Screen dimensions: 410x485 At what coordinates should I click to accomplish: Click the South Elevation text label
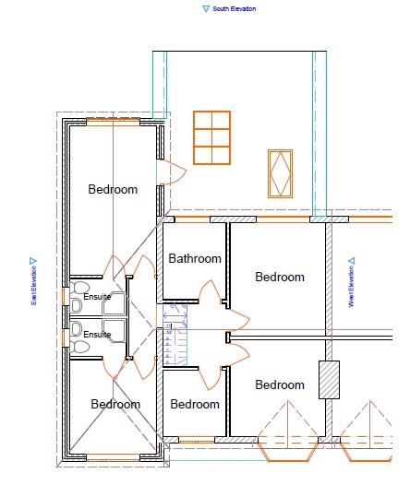point(235,9)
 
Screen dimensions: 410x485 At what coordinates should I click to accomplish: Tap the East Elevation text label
point(34,286)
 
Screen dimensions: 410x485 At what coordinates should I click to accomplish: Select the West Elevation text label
point(351,287)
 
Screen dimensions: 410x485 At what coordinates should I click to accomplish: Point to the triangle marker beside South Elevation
point(206,8)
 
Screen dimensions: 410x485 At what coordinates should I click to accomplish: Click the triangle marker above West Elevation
point(352,261)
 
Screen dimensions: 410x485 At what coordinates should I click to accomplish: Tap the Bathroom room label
point(195,258)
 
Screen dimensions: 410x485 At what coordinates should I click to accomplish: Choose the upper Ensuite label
point(97,297)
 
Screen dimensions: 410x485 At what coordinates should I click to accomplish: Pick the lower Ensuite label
point(97,335)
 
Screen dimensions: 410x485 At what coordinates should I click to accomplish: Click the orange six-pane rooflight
point(211,137)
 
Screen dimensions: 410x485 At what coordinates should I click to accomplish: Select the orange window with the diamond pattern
point(280,173)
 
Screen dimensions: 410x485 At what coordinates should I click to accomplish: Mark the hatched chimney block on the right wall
point(329,380)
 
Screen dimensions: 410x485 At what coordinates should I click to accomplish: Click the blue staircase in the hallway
point(175,335)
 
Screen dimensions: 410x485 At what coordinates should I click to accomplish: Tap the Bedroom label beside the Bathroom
point(280,277)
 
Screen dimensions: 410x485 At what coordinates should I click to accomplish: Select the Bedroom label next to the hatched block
point(280,384)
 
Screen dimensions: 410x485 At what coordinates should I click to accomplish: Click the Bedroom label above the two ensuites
point(113,189)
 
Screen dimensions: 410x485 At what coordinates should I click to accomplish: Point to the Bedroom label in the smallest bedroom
point(195,404)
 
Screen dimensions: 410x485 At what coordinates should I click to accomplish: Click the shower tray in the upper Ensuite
point(115,303)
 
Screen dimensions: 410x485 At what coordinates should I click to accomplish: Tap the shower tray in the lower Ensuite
point(115,331)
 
